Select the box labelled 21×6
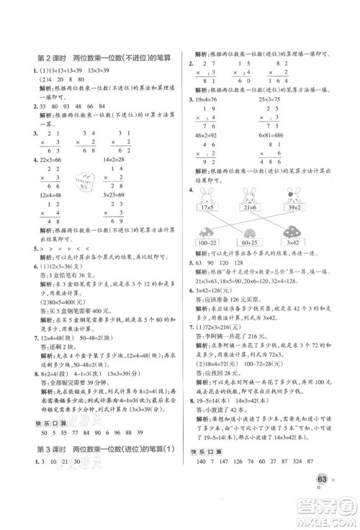click(x=251, y=209)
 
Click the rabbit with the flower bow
click(x=294, y=194)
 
